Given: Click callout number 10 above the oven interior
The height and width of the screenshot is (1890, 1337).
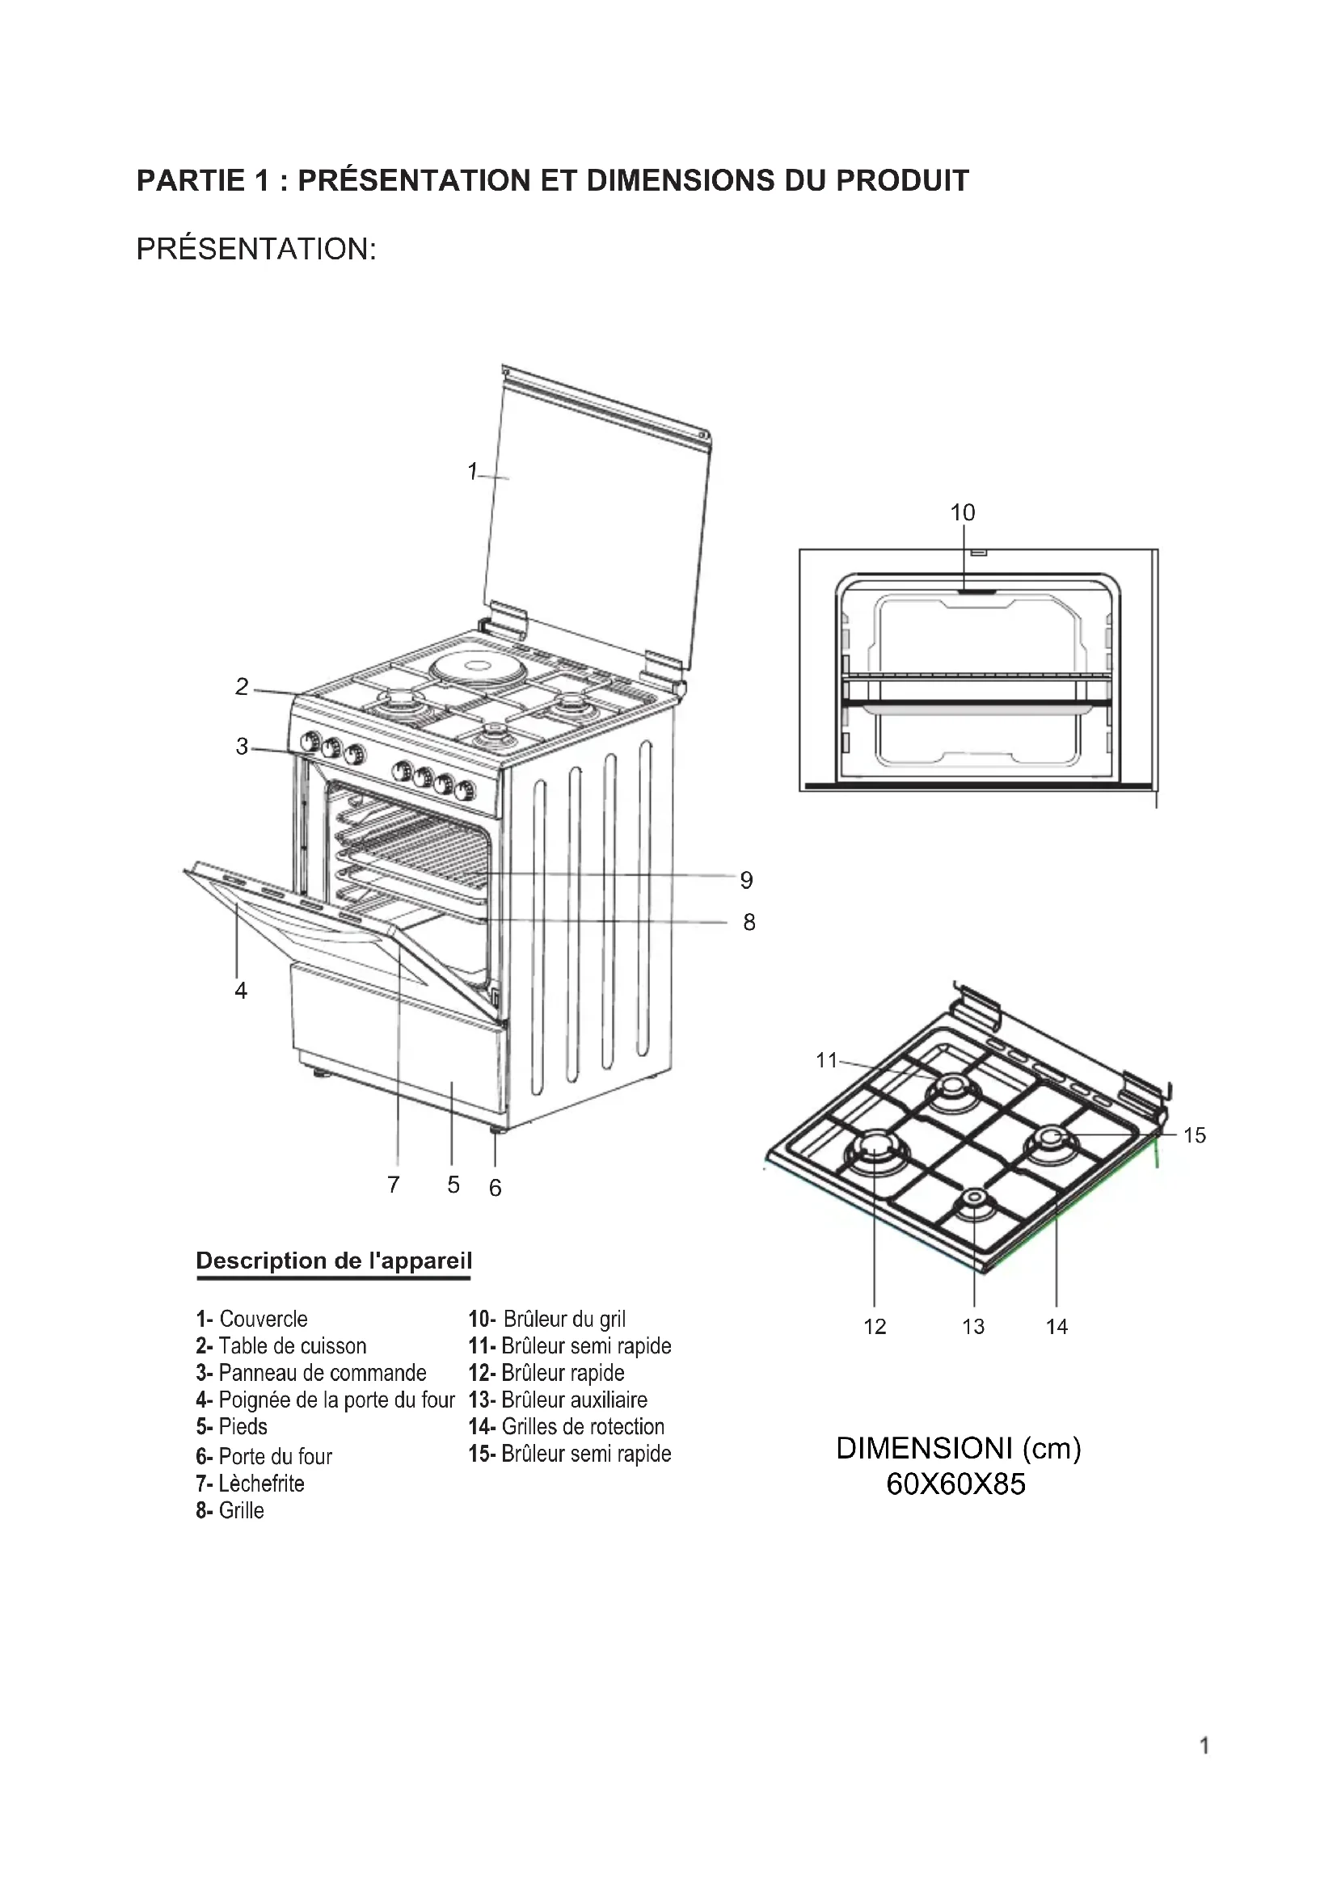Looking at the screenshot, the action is pos(962,512).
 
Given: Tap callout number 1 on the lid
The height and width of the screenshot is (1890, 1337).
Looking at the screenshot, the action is pos(472,471).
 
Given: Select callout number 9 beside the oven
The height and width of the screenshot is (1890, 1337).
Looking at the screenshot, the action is pos(746,880).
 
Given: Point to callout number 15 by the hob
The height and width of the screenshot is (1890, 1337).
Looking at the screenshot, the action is pos(1194,1135).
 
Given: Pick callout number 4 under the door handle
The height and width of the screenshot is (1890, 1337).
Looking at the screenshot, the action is pos(240,991).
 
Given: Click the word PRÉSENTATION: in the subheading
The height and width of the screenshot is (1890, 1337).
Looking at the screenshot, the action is pos(256,248).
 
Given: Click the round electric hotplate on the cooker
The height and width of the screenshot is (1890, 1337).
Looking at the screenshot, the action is pos(470,665).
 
